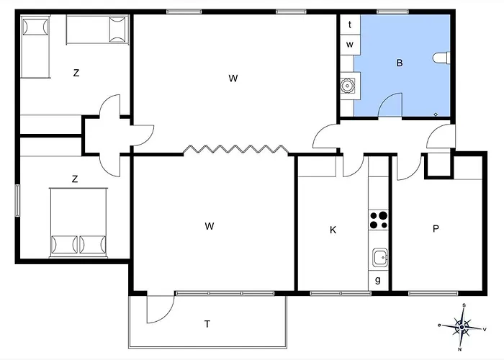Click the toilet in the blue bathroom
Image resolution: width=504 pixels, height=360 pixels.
[441, 58]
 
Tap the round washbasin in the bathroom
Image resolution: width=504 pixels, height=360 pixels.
[347, 86]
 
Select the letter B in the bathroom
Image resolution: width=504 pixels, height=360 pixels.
[400, 63]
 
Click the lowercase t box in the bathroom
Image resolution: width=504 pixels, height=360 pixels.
[350, 24]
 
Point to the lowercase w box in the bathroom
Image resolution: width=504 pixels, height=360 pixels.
[350, 45]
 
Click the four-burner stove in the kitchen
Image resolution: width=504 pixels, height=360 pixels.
[378, 220]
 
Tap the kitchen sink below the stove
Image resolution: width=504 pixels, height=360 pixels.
[380, 258]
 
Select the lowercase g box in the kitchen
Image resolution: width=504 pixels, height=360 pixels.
[378, 280]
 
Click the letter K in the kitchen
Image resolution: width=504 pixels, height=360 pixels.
[333, 230]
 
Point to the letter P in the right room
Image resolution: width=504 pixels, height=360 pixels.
[436, 228]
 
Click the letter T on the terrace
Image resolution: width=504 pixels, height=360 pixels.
[207, 324]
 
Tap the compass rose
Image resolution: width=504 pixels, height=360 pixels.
[462, 327]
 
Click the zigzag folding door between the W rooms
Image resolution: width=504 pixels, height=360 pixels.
[235, 149]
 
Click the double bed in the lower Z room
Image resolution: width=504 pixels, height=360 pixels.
[78, 222]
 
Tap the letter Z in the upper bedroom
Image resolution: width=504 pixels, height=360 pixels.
[76, 73]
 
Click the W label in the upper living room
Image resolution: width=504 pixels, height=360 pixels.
[233, 78]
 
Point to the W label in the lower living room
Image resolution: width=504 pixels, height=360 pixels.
[210, 226]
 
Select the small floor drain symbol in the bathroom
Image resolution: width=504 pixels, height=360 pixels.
[436, 114]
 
